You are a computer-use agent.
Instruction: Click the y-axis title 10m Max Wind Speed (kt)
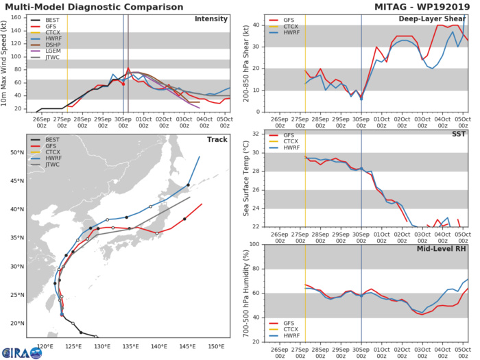[7, 62]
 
